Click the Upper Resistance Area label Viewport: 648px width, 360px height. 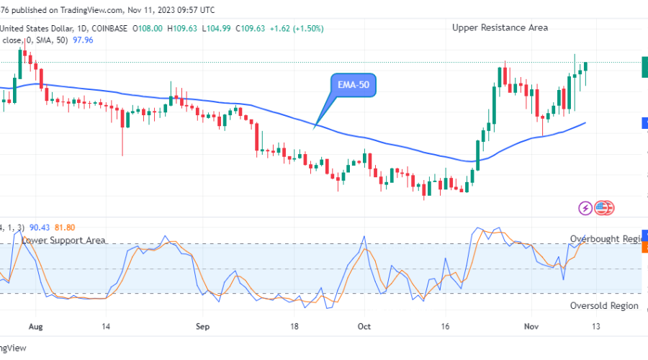pyautogui.click(x=500, y=27)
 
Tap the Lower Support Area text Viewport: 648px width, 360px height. pyautogui.click(x=64, y=240)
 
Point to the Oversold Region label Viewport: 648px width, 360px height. pyautogui.click(x=603, y=305)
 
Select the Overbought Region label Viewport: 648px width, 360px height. pyautogui.click(x=605, y=238)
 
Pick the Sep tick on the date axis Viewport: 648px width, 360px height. pyautogui.click(x=202, y=325)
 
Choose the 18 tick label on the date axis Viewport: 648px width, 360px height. pyautogui.click(x=294, y=325)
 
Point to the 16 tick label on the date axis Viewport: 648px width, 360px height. pyautogui.click(x=446, y=325)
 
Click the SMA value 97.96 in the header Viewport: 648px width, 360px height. pyautogui.click(x=83, y=40)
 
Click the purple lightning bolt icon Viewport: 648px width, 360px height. pyautogui.click(x=585, y=208)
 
